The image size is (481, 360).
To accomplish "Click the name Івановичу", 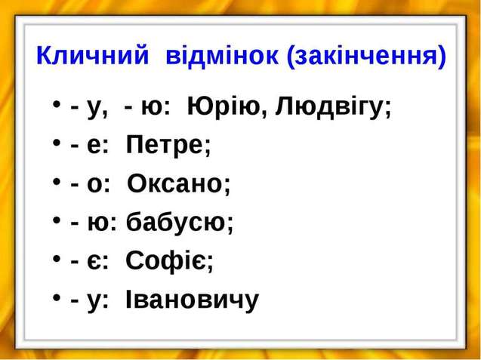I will (x=192, y=300).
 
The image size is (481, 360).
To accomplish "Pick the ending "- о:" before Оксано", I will (x=90, y=184).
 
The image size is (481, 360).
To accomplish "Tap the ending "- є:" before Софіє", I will (x=90, y=262).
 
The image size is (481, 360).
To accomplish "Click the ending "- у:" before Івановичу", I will (x=90, y=301).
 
